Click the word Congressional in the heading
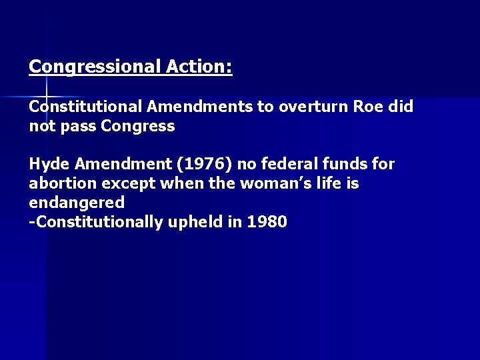[x=95, y=67]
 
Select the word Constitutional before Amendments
[x=86, y=106]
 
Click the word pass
[x=76, y=126]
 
